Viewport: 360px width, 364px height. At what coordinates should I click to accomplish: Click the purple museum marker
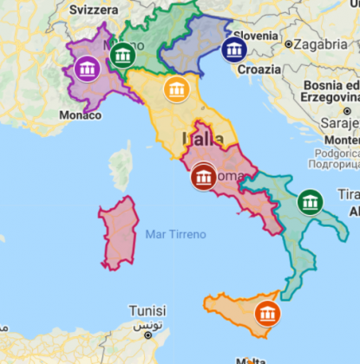point(87,69)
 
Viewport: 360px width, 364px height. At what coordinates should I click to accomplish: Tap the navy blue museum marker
point(233,50)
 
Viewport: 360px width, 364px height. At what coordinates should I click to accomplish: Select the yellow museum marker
point(177,90)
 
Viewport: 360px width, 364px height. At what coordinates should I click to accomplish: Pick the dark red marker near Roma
point(204,177)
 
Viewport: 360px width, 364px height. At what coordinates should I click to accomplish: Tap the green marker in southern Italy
point(310,202)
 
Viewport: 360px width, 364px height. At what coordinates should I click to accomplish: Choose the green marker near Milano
point(123,56)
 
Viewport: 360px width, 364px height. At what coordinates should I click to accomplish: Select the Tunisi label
point(148,310)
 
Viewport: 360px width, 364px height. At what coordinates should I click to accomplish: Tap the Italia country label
point(202,139)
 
